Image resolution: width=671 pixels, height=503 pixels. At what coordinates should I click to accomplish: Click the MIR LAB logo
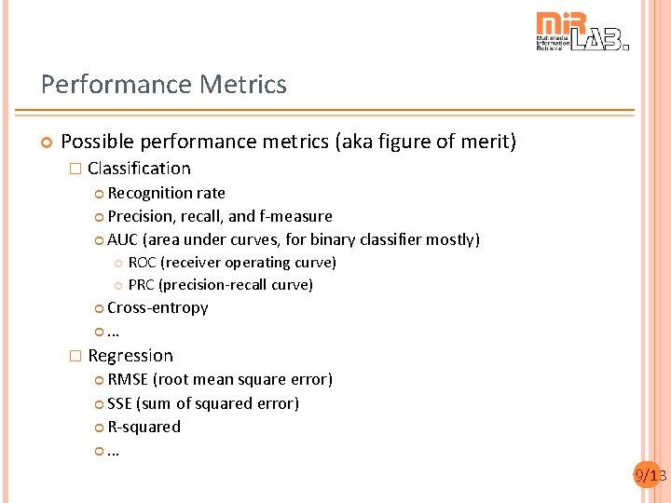tap(582, 32)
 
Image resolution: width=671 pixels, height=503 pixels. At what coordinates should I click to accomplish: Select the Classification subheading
tap(139, 169)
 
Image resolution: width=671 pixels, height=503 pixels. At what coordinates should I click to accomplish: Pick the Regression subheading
tap(130, 356)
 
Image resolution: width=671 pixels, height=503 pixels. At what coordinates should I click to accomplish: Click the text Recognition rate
tap(166, 193)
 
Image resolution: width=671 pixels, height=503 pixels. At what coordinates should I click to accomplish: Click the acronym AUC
tap(122, 239)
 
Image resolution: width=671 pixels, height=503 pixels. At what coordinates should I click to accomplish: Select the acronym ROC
tap(142, 263)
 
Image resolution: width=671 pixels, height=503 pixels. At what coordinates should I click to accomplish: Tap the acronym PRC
tap(142, 285)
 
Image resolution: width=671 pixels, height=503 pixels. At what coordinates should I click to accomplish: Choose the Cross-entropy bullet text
tap(157, 307)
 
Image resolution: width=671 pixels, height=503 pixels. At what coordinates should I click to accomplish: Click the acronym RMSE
tap(128, 379)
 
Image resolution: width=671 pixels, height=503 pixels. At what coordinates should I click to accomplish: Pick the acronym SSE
tap(119, 403)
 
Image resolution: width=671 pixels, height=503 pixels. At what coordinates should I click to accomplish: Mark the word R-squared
tap(144, 427)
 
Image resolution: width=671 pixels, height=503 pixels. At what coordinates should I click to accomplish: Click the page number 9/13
tap(650, 476)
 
